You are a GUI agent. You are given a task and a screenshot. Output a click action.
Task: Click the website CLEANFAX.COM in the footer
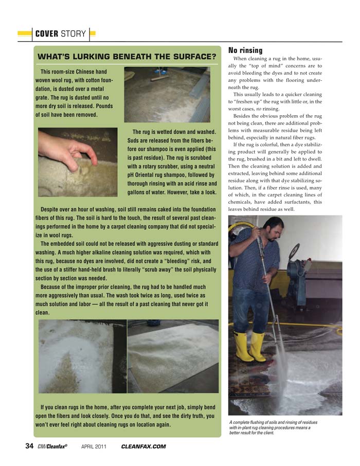pos(143,446)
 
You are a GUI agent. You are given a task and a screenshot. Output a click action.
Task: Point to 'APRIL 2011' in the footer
pos(94,446)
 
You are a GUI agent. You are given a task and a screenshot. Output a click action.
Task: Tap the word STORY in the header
pos(73,34)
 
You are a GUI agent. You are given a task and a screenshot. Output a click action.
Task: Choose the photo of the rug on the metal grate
pos(167,94)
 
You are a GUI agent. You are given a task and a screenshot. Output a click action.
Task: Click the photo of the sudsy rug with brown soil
pos(82,356)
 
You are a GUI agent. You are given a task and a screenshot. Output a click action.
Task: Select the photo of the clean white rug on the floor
pos(173,356)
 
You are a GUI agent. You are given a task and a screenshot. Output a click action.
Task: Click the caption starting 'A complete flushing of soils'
pos(273,427)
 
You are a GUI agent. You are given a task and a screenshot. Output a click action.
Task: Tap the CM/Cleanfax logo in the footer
pos(53,446)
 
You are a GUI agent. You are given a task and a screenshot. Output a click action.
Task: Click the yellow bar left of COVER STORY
pos(25,34)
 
